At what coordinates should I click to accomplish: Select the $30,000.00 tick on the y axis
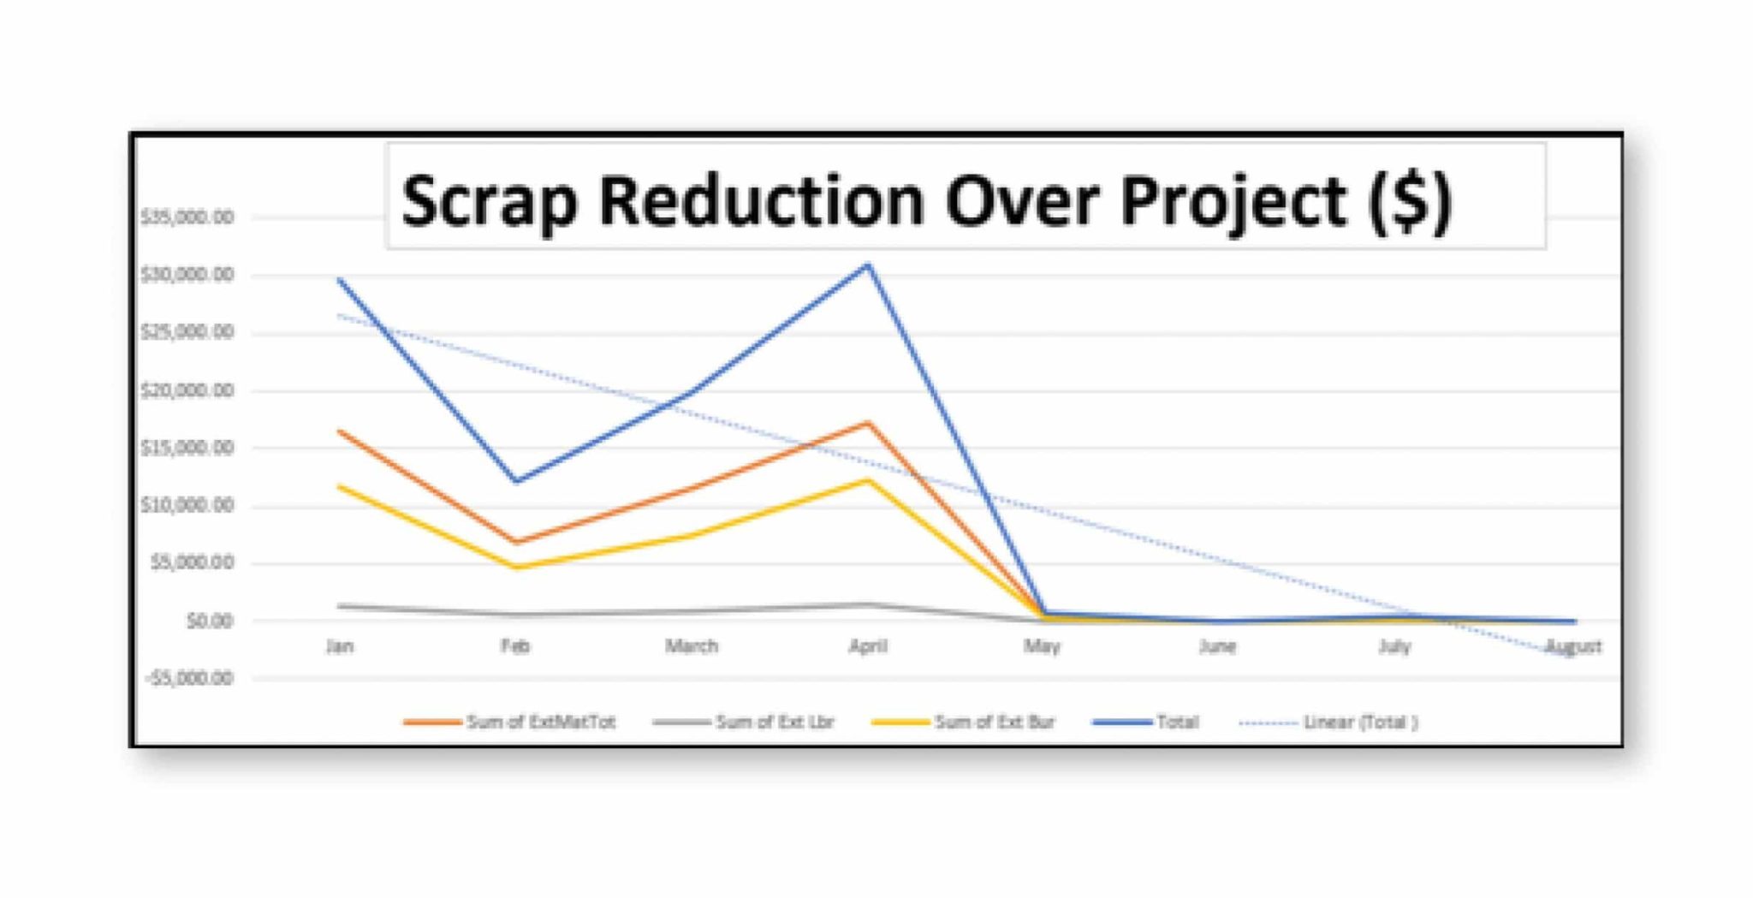click(187, 275)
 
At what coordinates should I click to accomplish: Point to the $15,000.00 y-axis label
click(187, 448)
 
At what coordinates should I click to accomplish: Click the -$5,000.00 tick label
click(188, 678)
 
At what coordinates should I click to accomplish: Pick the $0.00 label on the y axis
click(210, 621)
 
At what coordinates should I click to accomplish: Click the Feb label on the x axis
click(515, 646)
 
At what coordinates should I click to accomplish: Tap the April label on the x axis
click(867, 646)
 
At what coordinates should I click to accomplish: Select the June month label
click(1217, 646)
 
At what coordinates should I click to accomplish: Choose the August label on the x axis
click(1573, 647)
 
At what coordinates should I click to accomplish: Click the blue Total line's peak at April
click(868, 265)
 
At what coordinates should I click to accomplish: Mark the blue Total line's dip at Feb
click(516, 481)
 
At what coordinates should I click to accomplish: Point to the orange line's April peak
click(868, 423)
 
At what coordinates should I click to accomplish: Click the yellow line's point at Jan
click(341, 486)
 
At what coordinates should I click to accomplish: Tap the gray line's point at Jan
click(341, 606)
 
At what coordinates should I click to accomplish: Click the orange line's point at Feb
click(516, 542)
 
